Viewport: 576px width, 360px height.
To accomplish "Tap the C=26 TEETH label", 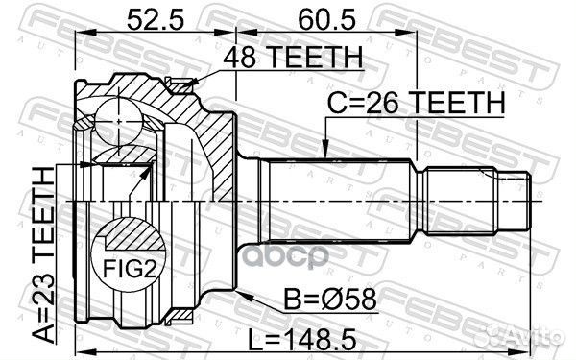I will click(414, 103).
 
